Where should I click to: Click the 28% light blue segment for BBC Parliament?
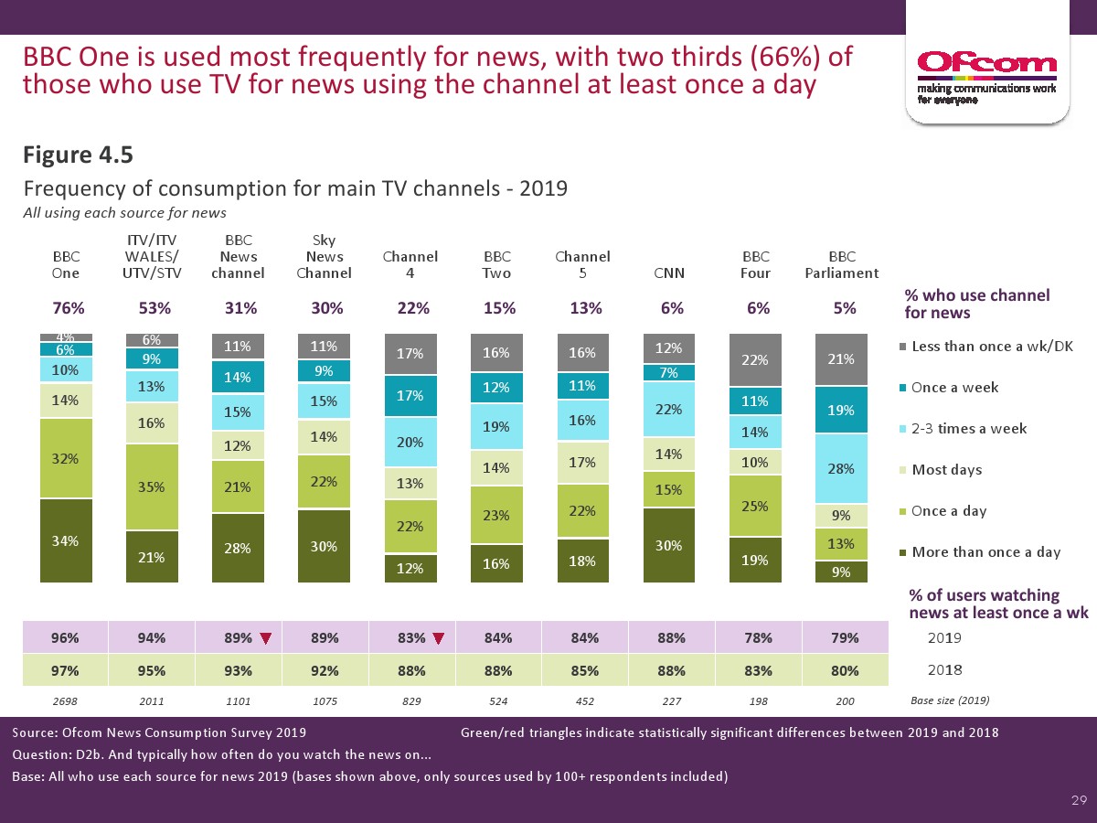tap(841, 468)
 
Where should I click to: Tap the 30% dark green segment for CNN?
tap(669, 545)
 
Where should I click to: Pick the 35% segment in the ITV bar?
tap(152, 486)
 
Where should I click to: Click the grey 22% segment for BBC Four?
tap(755, 359)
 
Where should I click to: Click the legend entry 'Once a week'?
tap(953, 388)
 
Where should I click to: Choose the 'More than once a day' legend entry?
tap(985, 552)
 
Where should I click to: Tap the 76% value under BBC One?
tap(66, 309)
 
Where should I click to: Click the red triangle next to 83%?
tap(438, 638)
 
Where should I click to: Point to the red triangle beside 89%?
tap(265, 638)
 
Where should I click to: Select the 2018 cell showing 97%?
tap(66, 670)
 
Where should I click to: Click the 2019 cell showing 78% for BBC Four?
tap(755, 637)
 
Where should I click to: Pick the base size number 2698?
tap(66, 701)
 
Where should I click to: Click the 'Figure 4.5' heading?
tap(78, 156)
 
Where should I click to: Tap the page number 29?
tap(1079, 801)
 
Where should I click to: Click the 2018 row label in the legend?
tap(944, 670)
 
